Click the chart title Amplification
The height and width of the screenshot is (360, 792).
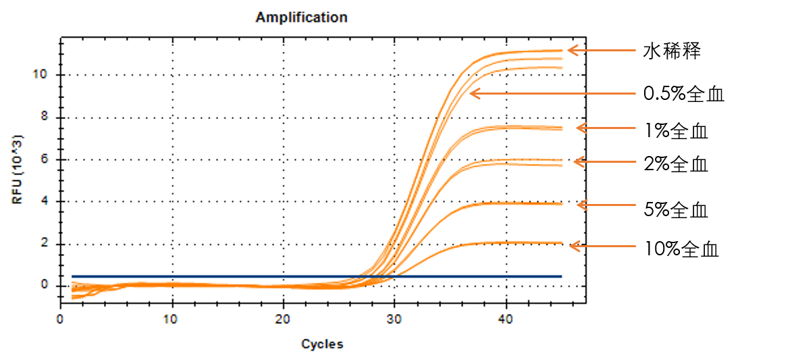pyautogui.click(x=301, y=18)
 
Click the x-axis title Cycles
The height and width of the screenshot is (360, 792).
pyautogui.click(x=322, y=344)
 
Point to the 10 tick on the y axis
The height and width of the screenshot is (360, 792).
pyautogui.click(x=42, y=74)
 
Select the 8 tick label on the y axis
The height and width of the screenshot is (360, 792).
pyautogui.click(x=45, y=118)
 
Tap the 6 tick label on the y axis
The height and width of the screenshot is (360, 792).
pyautogui.click(x=45, y=159)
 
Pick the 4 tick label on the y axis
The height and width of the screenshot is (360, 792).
pyautogui.click(x=45, y=201)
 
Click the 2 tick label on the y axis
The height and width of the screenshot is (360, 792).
pyautogui.click(x=45, y=244)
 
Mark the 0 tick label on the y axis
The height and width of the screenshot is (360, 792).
pyautogui.click(x=45, y=286)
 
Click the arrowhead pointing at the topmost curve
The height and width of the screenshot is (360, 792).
pyautogui.click(x=571, y=50)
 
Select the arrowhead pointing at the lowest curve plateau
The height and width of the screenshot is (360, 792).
pyautogui.click(x=573, y=246)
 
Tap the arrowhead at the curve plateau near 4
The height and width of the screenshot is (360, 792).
pyautogui.click(x=581, y=205)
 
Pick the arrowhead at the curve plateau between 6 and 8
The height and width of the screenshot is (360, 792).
pyautogui.click(x=580, y=128)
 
